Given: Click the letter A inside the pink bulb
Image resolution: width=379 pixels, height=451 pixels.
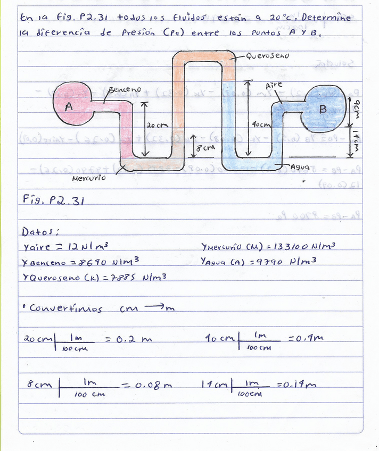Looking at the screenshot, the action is pyautogui.click(x=69, y=106).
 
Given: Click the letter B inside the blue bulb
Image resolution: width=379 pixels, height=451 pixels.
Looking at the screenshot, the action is pyautogui.click(x=322, y=110).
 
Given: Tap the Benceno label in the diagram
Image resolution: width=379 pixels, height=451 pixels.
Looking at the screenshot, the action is pyautogui.click(x=125, y=90).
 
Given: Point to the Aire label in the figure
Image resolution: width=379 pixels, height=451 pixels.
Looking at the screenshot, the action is pyautogui.click(x=274, y=85).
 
